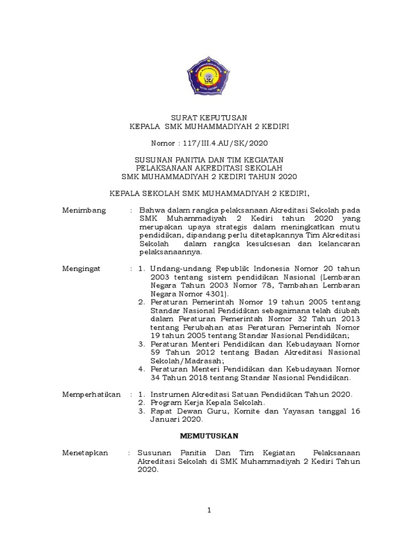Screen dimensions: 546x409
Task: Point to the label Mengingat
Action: (83, 268)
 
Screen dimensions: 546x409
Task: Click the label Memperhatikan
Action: (91, 394)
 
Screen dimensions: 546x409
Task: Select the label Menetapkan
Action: (85, 453)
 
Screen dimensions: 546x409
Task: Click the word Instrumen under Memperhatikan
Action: (169, 394)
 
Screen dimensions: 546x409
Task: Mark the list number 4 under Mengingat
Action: (141, 369)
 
